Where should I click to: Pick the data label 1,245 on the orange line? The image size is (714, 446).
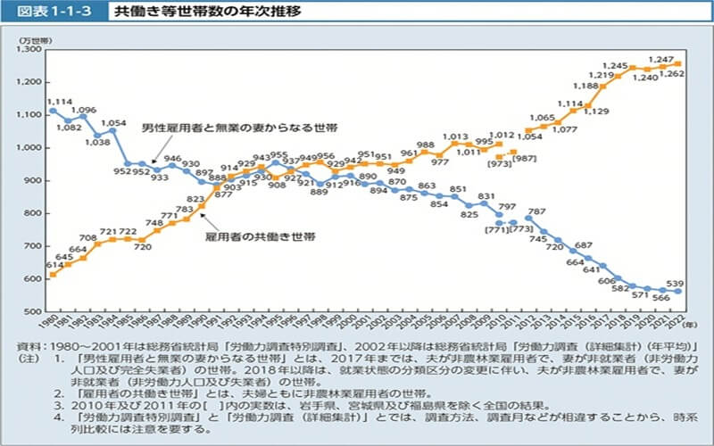[x=615, y=65]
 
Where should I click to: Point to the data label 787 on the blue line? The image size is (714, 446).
[x=536, y=211]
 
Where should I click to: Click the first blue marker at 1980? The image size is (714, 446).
[x=53, y=111]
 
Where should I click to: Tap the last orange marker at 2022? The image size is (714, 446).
[x=677, y=63]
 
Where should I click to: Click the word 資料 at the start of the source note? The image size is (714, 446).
[x=26, y=344]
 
